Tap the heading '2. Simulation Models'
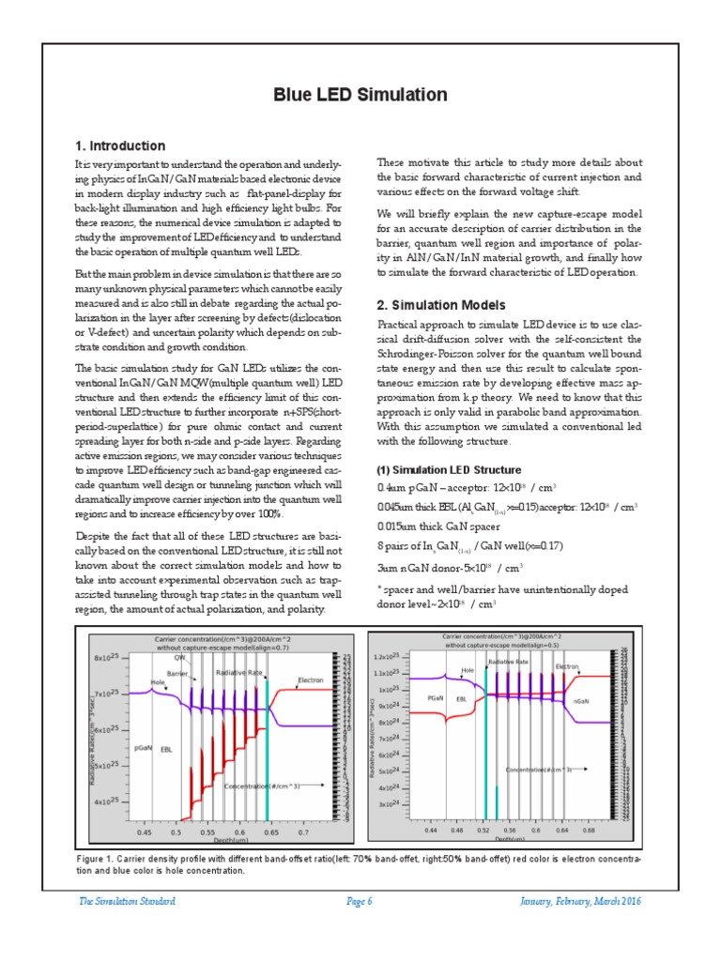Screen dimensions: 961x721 coord(440,305)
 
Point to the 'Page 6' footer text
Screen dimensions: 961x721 coord(360,901)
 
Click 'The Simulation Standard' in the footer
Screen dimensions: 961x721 coord(127,901)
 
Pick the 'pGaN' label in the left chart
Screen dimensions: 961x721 coord(143,748)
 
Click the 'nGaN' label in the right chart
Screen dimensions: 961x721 coord(581,700)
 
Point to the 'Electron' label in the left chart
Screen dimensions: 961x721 coord(311,679)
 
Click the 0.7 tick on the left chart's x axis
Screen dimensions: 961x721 coord(302,832)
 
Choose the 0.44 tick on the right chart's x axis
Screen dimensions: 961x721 coord(431,831)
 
